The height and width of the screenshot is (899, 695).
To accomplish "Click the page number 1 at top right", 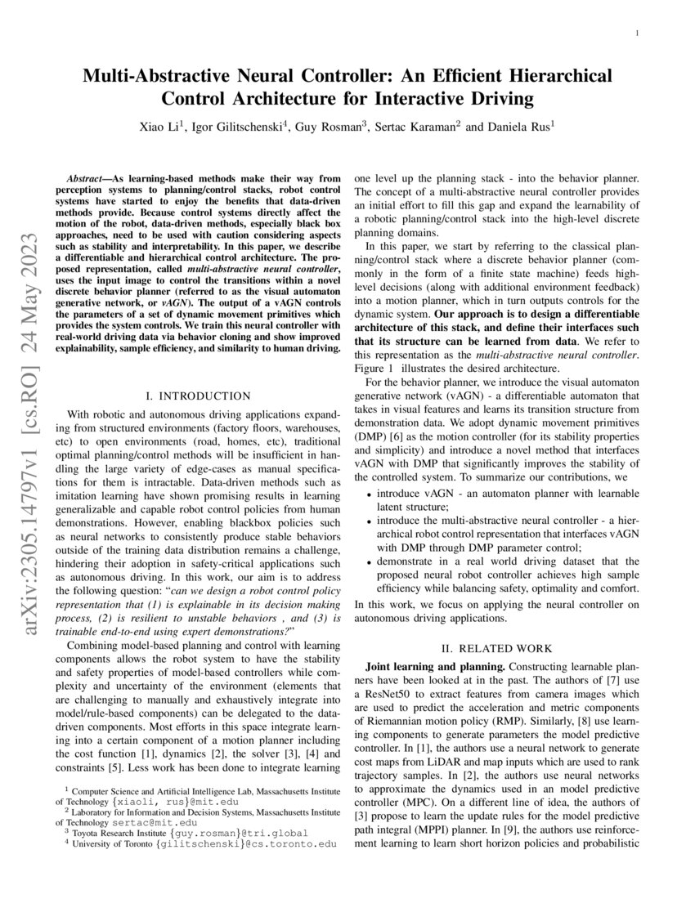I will coord(636,33).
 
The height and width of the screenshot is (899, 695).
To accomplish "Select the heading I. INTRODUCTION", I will coord(199,396).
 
